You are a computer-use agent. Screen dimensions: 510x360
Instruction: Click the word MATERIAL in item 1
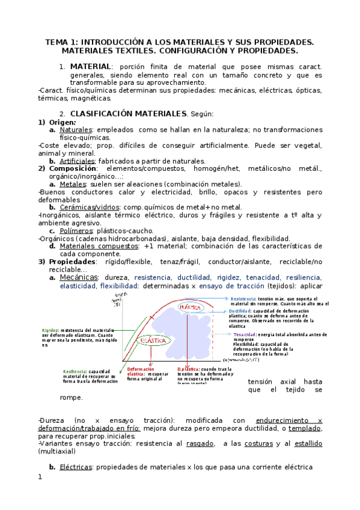pyautogui.click(x=91, y=66)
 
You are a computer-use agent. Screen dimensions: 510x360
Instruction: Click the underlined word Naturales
pyautogui.click(x=76, y=130)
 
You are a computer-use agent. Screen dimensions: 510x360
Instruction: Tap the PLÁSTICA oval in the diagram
pyautogui.click(x=190, y=307)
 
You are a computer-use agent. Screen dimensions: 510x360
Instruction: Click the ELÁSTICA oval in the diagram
pyautogui.click(x=153, y=341)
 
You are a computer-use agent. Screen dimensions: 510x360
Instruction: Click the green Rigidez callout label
pyautogui.click(x=50, y=330)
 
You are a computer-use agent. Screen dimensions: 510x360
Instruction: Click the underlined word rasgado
pyautogui.click(x=201, y=443)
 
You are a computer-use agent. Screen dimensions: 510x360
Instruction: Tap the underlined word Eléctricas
pyautogui.click(x=76, y=467)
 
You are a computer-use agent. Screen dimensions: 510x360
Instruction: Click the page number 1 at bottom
pyautogui.click(x=40, y=478)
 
